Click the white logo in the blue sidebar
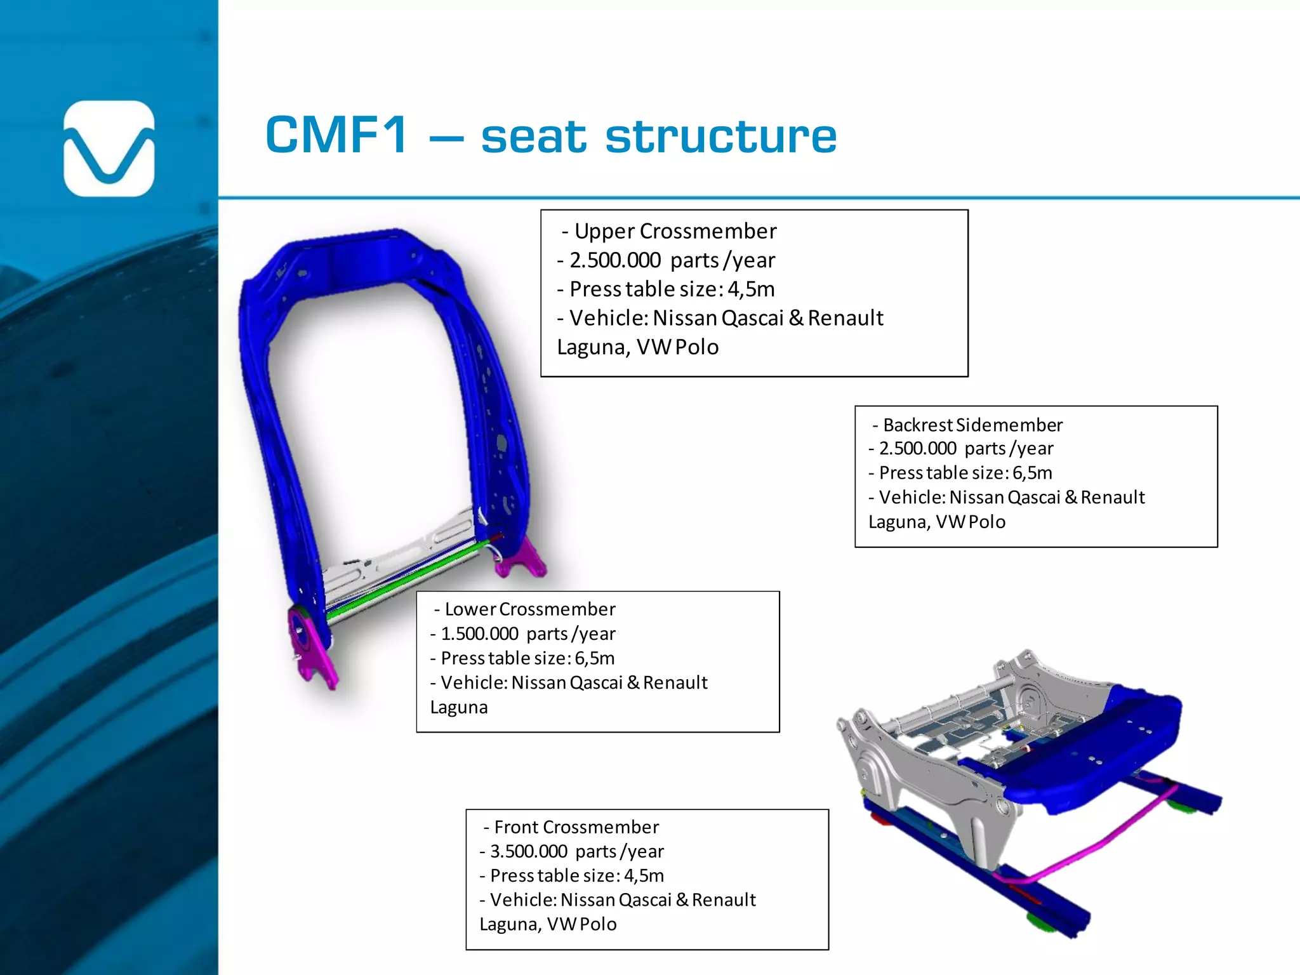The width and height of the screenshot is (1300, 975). click(x=109, y=148)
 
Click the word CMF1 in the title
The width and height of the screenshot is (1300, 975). click(x=336, y=135)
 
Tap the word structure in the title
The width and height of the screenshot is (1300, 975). click(x=721, y=136)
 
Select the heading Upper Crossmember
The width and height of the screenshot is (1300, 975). click(x=675, y=231)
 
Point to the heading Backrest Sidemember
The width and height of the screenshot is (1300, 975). click(x=972, y=425)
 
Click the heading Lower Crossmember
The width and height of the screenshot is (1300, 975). click(x=530, y=609)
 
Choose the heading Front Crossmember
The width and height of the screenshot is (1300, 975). click(x=576, y=827)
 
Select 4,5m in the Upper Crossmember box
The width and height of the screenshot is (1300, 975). click(x=751, y=289)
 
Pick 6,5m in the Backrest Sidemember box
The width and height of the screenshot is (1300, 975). click(x=1032, y=473)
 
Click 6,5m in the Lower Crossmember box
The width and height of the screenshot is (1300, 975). click(x=595, y=658)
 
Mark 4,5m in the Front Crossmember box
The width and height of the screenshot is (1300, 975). click(x=644, y=876)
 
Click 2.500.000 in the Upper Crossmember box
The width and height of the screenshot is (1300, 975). click(x=615, y=260)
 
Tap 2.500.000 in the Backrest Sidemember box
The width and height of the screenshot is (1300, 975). click(x=918, y=449)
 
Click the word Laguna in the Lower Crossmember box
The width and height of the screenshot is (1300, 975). click(x=459, y=707)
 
